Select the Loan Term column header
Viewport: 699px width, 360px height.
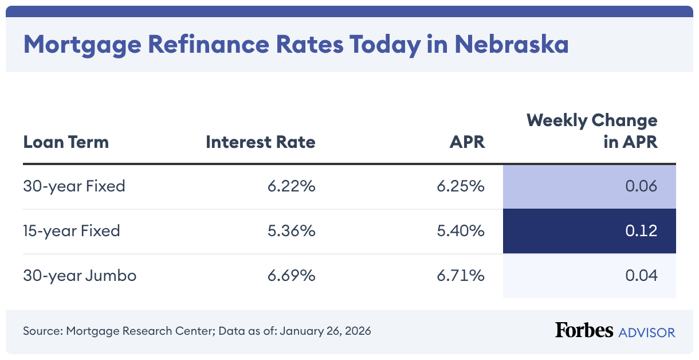click(x=66, y=142)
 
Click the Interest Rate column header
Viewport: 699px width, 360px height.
click(x=261, y=142)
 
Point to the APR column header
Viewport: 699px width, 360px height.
click(x=467, y=142)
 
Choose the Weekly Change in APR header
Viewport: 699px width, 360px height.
click(x=592, y=131)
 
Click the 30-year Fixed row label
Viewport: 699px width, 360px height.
click(x=74, y=186)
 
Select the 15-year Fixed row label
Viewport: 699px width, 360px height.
click(x=72, y=231)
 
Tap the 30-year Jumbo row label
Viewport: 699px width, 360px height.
click(x=80, y=276)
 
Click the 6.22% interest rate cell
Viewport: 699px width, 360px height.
click(x=292, y=186)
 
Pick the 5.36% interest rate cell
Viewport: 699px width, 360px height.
click(x=292, y=231)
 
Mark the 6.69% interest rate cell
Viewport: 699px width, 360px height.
click(x=292, y=276)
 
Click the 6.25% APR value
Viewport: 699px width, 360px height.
click(x=461, y=186)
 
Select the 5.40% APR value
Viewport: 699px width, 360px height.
click(x=461, y=231)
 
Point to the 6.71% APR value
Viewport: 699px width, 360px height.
click(x=461, y=276)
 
